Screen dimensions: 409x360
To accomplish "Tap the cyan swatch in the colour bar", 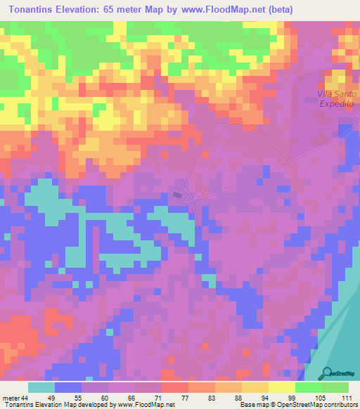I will [41, 388].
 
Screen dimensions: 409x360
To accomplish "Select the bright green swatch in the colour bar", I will [309, 388].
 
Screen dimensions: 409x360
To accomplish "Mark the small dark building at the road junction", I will [179, 193].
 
